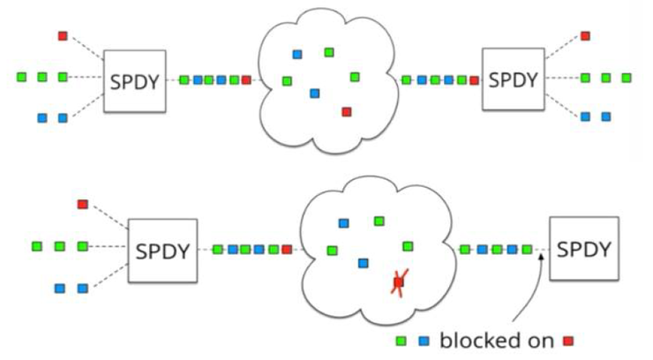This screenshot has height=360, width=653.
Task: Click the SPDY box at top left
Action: (134, 80)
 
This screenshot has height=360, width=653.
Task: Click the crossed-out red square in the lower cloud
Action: (398, 283)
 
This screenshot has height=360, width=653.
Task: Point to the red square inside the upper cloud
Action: (346, 111)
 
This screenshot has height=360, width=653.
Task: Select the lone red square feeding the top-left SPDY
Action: (63, 36)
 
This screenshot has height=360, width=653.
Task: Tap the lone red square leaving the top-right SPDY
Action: (585, 36)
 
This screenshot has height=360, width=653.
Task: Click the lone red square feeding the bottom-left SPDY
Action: (82, 205)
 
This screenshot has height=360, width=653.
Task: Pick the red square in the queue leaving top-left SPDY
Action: (246, 80)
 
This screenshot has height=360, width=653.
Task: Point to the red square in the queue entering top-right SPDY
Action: (474, 80)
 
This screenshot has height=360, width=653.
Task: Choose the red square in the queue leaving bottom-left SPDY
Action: (286, 250)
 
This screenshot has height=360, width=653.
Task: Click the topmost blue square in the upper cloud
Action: (297, 54)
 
